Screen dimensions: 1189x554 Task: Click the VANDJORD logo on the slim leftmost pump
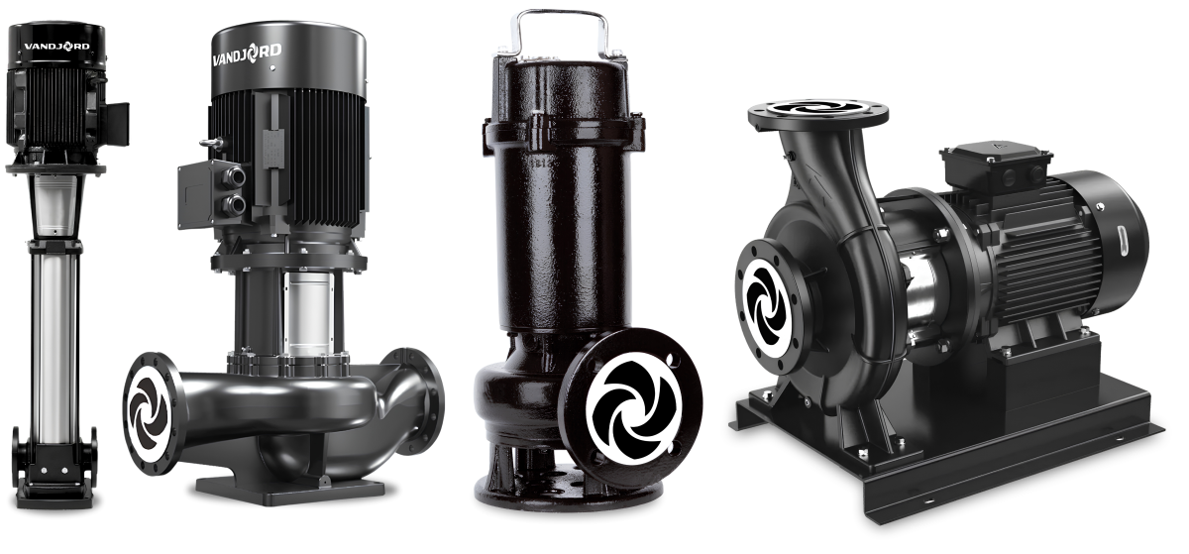click(x=56, y=47)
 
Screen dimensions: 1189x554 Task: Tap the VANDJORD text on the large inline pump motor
click(x=247, y=55)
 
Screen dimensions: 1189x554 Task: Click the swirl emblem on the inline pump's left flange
click(x=150, y=413)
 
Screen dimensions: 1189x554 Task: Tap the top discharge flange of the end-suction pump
click(x=818, y=114)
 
